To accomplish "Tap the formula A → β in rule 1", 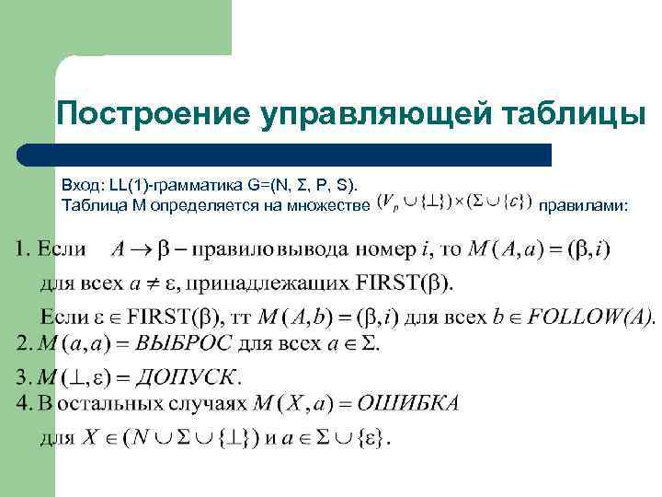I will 139,248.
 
